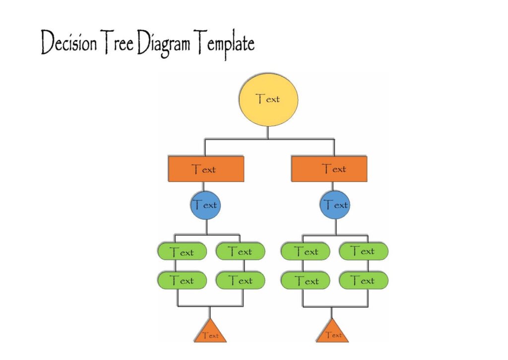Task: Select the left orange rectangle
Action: tap(206, 169)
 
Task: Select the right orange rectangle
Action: tap(329, 169)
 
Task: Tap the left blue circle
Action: tap(204, 205)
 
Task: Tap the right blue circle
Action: tap(335, 205)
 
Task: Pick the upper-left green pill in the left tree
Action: tap(182, 252)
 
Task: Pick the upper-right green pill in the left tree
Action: tap(241, 252)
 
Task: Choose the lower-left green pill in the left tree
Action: tap(182, 281)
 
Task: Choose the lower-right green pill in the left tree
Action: tap(241, 281)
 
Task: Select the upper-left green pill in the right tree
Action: tap(306, 252)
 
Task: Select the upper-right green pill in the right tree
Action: tap(363, 252)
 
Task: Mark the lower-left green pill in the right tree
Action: tap(306, 281)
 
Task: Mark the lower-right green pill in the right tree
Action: tap(363, 281)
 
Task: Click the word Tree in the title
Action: tap(117, 44)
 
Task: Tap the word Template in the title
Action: tap(225, 45)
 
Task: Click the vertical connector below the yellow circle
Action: tap(268, 133)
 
